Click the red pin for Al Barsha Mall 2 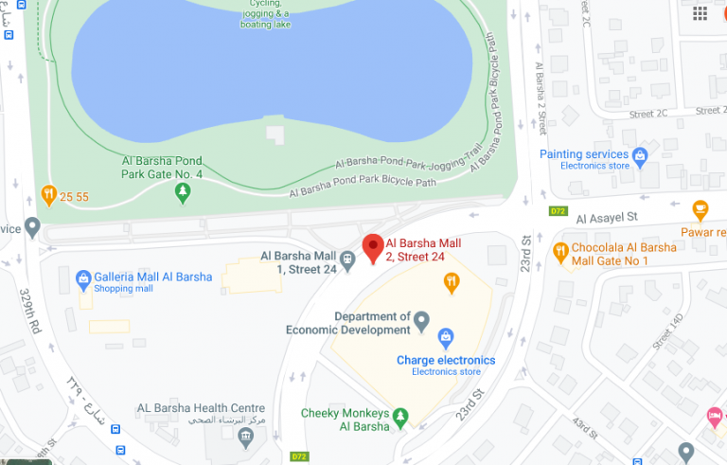pos(373,248)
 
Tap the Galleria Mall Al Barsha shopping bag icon pos(82,277)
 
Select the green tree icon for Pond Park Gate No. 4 pos(184,193)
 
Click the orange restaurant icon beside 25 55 pos(48,197)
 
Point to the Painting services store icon pos(640,154)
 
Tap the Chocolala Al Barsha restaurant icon pos(559,252)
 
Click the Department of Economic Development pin pos(423,323)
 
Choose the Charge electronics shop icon pos(445,338)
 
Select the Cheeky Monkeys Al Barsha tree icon pos(400,414)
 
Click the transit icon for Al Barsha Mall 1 pos(348,257)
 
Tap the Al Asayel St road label pos(609,217)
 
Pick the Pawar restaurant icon pos(700,208)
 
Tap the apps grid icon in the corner pos(700,12)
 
